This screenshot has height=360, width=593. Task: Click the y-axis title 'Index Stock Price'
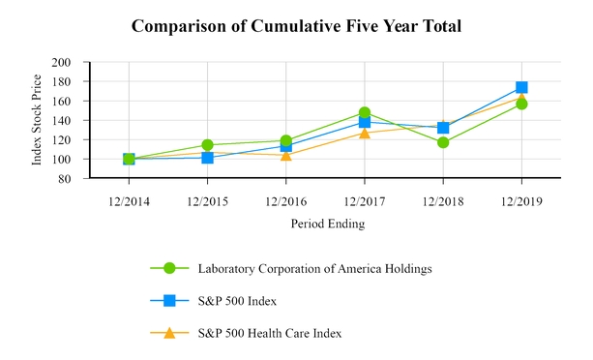pos(38,120)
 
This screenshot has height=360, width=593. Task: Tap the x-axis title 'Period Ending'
pos(327,223)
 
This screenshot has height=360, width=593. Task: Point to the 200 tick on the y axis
pos(63,62)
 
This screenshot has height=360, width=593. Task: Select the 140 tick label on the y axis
pos(63,120)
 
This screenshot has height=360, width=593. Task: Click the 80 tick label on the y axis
pos(66,179)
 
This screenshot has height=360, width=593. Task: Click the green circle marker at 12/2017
pos(365,113)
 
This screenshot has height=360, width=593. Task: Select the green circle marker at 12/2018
pos(443,142)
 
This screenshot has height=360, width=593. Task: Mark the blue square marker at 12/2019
pos(521,87)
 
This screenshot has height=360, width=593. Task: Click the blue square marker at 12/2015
pos(207,157)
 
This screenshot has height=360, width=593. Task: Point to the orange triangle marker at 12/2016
pos(285,155)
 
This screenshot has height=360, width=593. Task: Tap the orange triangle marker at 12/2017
pos(365,133)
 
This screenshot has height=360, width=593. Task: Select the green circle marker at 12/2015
pos(207,145)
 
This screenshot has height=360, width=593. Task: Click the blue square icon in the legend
pos(169,301)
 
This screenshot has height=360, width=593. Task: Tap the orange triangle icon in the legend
pos(169,333)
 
